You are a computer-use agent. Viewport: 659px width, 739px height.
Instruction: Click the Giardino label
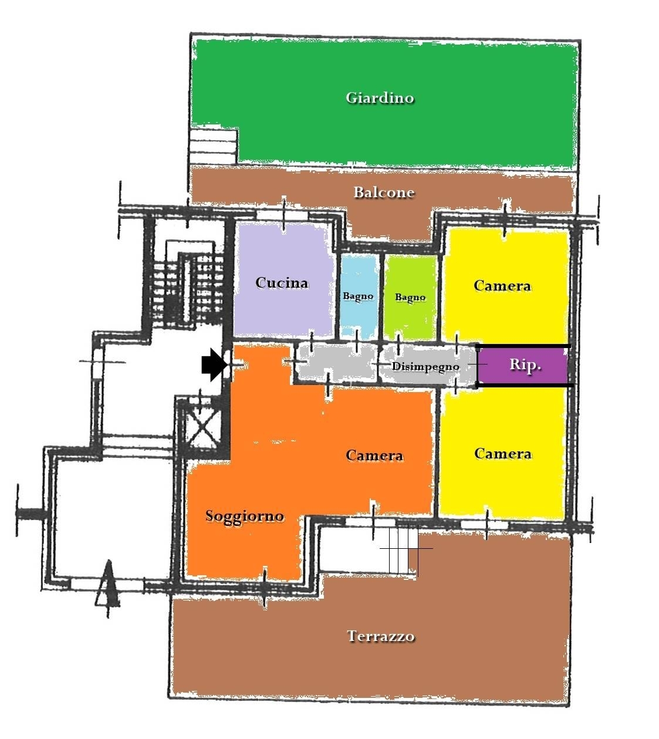tap(380, 98)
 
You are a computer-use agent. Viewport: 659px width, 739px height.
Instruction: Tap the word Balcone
tap(384, 192)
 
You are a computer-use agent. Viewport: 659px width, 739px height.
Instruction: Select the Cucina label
tap(282, 283)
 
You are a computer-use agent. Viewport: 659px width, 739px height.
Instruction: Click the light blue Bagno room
tap(359, 296)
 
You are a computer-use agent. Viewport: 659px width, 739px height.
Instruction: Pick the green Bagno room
tap(410, 297)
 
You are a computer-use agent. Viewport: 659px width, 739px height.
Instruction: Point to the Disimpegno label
tap(425, 366)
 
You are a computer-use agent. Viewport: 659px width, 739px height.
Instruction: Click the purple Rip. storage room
tap(523, 365)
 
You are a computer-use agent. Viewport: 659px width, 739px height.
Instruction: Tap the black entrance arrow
tap(214, 365)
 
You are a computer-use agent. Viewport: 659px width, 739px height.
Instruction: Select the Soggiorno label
tap(245, 516)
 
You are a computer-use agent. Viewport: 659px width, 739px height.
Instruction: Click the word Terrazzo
tap(381, 636)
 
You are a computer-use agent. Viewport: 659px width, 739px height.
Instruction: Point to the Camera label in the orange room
tap(374, 455)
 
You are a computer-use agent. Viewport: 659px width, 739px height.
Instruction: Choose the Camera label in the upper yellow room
tap(502, 286)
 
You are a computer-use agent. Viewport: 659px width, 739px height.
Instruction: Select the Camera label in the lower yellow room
tap(503, 454)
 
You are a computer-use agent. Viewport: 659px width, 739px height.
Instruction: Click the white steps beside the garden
tap(213, 147)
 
